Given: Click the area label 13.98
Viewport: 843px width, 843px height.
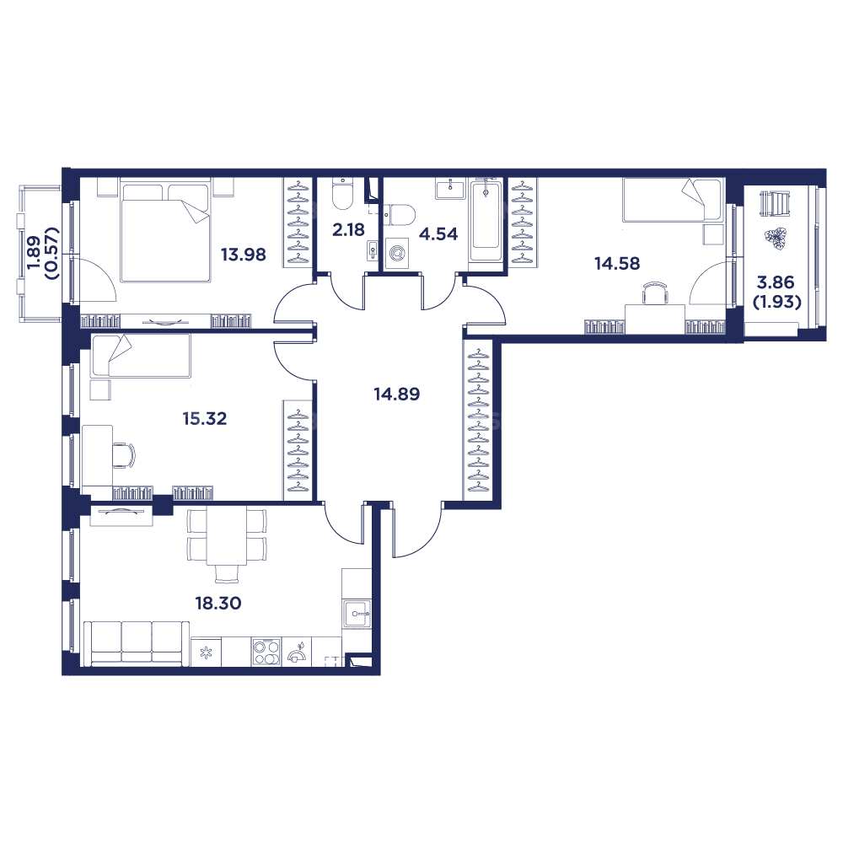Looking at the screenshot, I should coord(243,255).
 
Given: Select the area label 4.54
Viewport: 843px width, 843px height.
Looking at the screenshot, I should coord(438,234).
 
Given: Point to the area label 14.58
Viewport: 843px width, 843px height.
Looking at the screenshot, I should coord(617,264).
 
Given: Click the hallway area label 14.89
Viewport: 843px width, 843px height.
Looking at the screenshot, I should coord(396,393).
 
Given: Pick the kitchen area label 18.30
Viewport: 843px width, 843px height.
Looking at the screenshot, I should coord(218,603).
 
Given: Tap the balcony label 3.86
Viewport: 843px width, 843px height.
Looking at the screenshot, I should coord(776,283).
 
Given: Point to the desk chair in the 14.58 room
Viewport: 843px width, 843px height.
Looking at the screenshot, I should coord(654,294).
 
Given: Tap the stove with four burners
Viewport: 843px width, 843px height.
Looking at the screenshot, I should coord(266,652).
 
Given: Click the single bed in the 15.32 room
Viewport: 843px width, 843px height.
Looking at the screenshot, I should coord(140,355).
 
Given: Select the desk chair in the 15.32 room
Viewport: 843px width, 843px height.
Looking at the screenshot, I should coord(124,455).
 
